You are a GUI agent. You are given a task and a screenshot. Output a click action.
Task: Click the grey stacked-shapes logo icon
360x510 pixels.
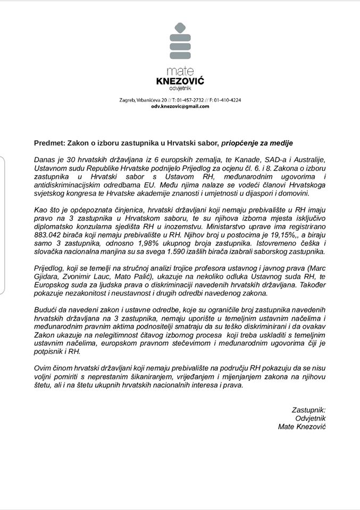(180, 41)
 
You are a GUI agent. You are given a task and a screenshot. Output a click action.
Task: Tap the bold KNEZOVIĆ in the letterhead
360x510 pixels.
(180, 81)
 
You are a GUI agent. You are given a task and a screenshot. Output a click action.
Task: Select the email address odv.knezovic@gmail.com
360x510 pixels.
(180, 106)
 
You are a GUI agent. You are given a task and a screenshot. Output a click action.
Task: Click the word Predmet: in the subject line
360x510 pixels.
(50, 143)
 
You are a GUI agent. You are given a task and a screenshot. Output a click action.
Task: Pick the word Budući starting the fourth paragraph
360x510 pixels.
(47, 310)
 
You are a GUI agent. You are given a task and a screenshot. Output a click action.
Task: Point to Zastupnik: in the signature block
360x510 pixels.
(308, 410)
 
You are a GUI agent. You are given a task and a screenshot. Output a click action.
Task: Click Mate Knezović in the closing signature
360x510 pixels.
(302, 427)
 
